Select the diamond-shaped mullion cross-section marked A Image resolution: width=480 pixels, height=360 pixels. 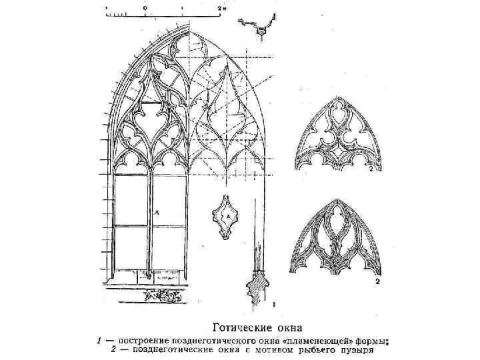pos(227,217)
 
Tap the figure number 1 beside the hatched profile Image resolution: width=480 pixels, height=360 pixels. pos(274,305)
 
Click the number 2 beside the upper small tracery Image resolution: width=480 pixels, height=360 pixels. pos(377,170)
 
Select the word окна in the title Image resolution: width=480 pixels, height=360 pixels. pos(290,327)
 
